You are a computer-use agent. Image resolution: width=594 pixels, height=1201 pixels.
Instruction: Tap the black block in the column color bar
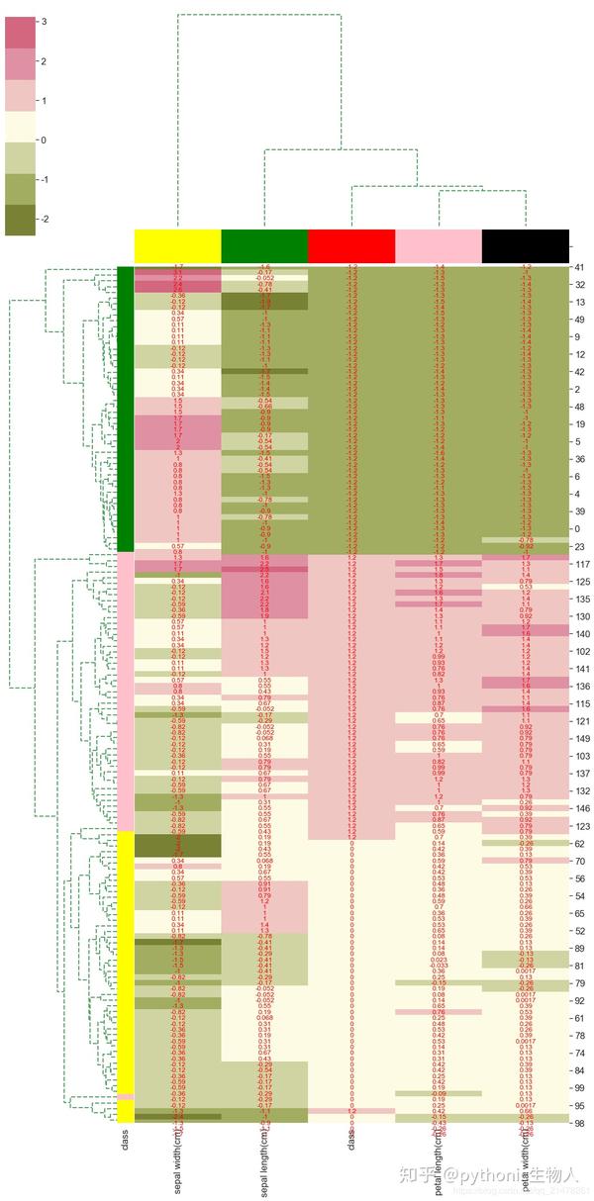click(525, 245)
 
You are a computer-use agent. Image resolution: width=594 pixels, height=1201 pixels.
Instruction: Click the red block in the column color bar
click(351, 245)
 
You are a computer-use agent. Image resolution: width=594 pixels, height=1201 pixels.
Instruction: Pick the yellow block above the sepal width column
click(177, 245)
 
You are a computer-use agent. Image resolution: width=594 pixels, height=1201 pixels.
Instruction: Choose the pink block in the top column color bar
click(438, 245)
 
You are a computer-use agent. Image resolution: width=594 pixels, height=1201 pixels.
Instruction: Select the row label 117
click(582, 564)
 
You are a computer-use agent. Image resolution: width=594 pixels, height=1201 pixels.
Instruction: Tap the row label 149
click(582, 738)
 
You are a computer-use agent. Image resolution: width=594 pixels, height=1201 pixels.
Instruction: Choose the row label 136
click(582, 686)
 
